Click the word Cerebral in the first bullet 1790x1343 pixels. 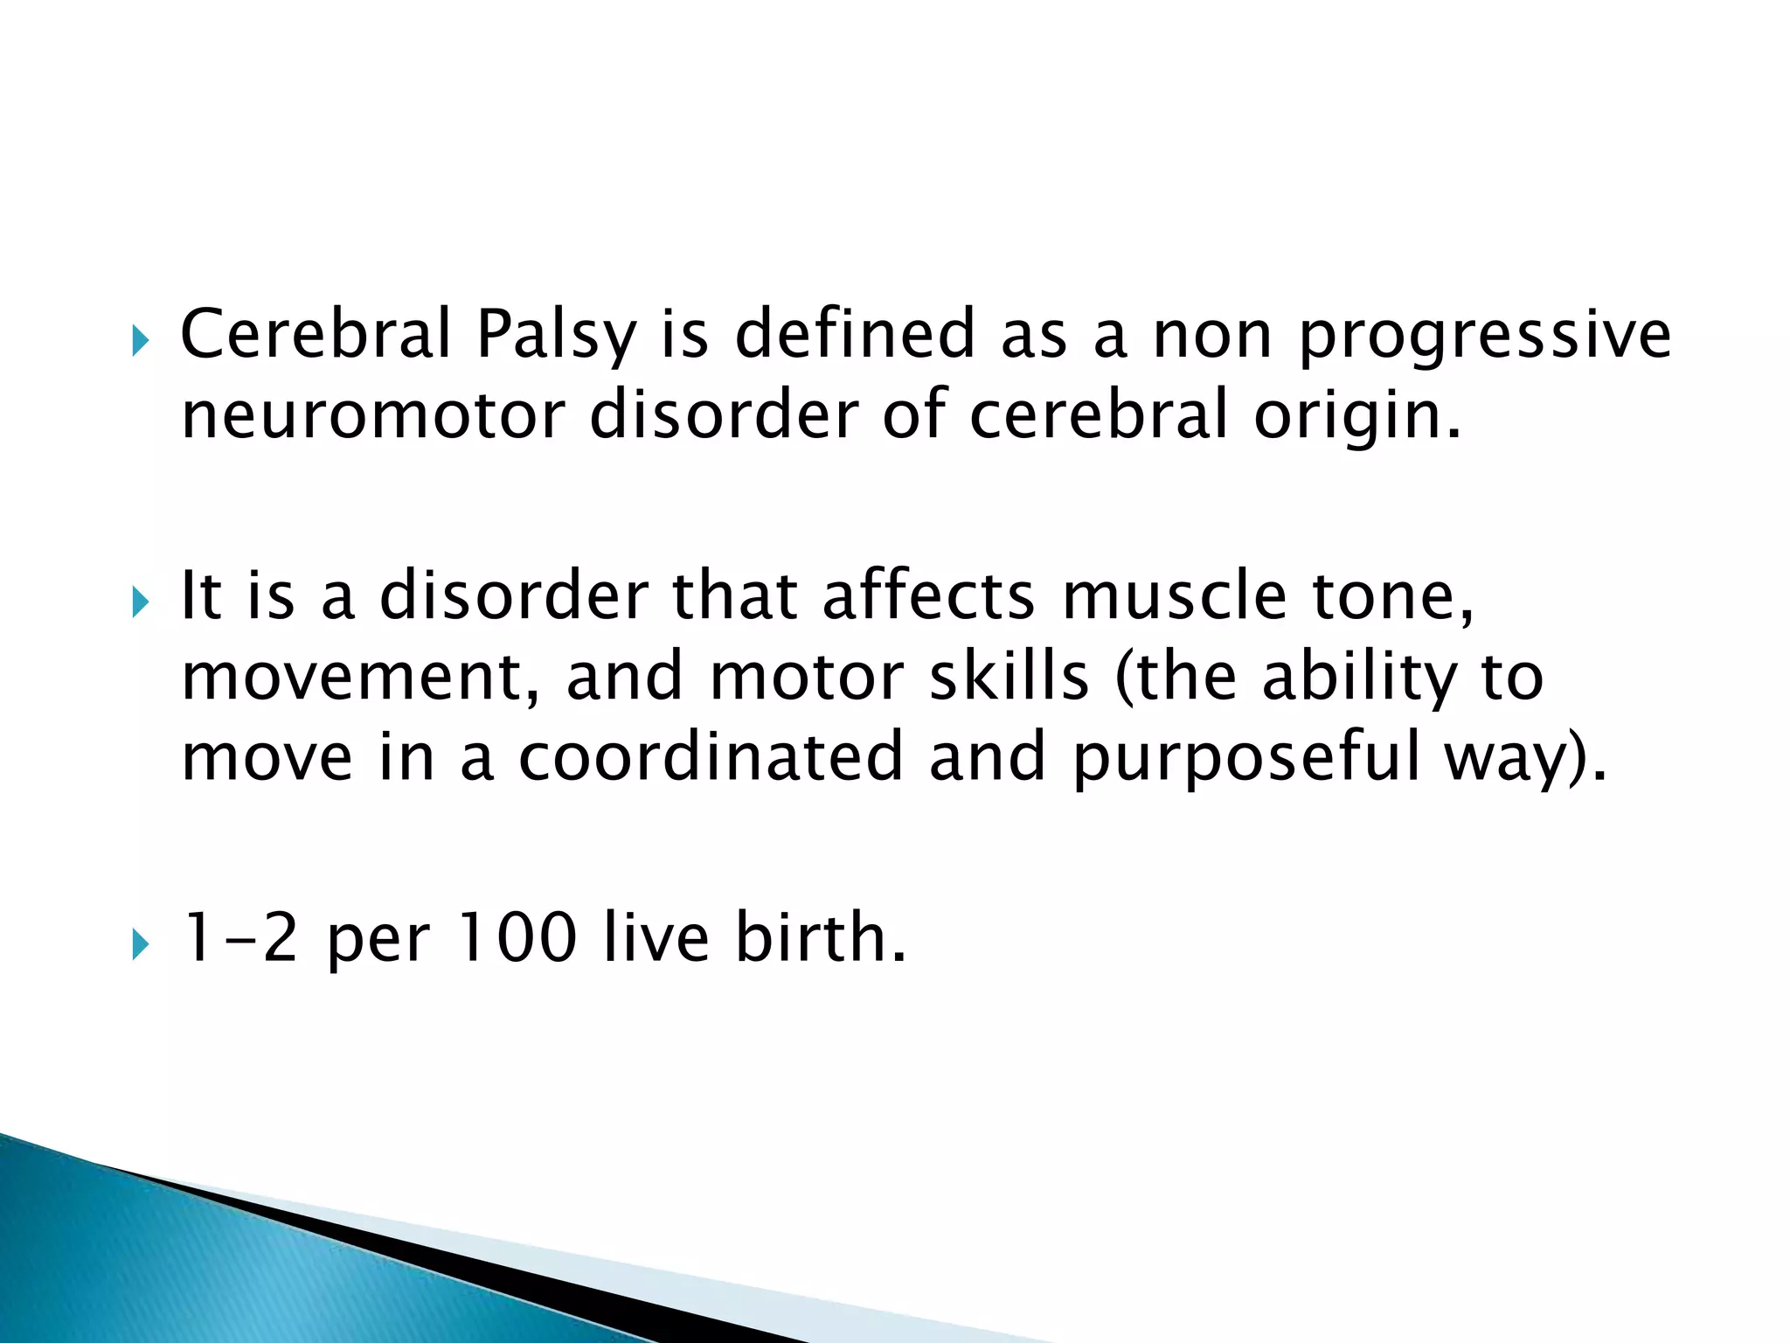point(316,334)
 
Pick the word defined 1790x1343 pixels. point(855,334)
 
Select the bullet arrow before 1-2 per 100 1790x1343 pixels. point(140,943)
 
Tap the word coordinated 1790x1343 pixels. point(711,756)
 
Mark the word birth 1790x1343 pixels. point(820,938)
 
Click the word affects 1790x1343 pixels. point(929,596)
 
